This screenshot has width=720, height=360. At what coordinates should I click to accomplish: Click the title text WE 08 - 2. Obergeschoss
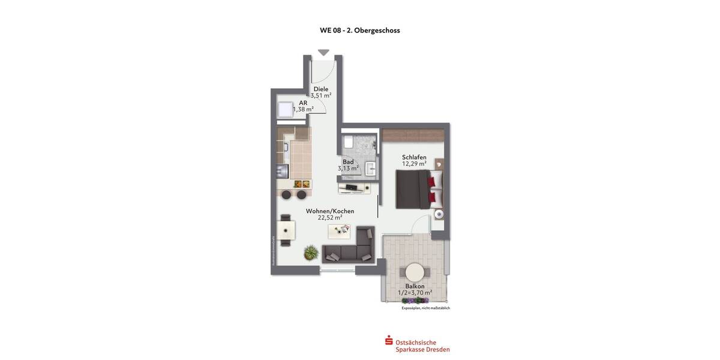[360, 30]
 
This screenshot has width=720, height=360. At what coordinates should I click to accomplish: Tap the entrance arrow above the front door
[323, 53]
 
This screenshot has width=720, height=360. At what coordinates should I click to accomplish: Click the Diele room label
[321, 89]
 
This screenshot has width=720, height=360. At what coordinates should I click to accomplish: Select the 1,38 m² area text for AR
[303, 110]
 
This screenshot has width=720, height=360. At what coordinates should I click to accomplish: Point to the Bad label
[348, 162]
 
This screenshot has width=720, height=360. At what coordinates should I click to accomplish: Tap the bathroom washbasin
[370, 169]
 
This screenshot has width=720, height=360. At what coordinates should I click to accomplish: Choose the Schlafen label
[414, 157]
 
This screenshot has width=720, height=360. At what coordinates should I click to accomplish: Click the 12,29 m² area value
[414, 164]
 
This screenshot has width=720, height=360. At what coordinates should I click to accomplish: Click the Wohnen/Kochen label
[330, 211]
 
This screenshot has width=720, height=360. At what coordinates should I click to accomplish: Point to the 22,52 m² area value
[330, 218]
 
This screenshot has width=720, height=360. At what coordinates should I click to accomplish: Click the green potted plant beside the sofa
[310, 253]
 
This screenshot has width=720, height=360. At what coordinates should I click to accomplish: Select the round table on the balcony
[415, 271]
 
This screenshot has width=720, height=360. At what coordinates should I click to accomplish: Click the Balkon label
[415, 286]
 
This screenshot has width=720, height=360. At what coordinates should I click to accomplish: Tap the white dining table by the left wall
[286, 230]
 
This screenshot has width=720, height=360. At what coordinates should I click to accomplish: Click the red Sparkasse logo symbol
[389, 341]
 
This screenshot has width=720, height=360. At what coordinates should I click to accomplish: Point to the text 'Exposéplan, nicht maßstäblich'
[425, 308]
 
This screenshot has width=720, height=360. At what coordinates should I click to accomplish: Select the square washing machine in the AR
[285, 110]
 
